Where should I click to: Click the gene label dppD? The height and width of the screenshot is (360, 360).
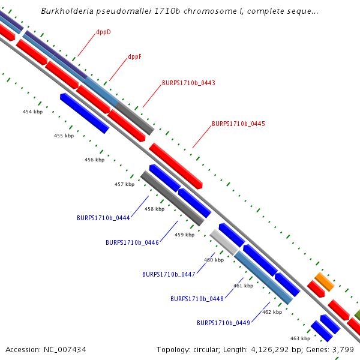click(x=103, y=32)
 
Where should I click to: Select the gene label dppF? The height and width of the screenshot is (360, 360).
click(x=134, y=57)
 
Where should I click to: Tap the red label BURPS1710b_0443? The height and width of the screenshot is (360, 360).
click(x=188, y=83)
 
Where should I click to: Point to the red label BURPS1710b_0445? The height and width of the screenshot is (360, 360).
click(x=238, y=124)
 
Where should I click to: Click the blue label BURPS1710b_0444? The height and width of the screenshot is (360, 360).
click(x=103, y=218)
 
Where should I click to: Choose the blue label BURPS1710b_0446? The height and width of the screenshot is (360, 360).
click(x=132, y=242)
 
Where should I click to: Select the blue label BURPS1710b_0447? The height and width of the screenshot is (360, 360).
click(x=169, y=274)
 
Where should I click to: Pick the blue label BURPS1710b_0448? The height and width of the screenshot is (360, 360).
click(x=197, y=299)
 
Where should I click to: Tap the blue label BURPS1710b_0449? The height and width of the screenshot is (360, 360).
click(x=223, y=323)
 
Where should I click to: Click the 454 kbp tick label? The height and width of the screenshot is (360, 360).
click(x=33, y=112)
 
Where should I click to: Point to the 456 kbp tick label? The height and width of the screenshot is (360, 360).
click(x=94, y=160)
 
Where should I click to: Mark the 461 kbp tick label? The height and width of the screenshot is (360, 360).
click(x=243, y=286)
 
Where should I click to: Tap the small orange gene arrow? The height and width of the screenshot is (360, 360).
click(x=324, y=281)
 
